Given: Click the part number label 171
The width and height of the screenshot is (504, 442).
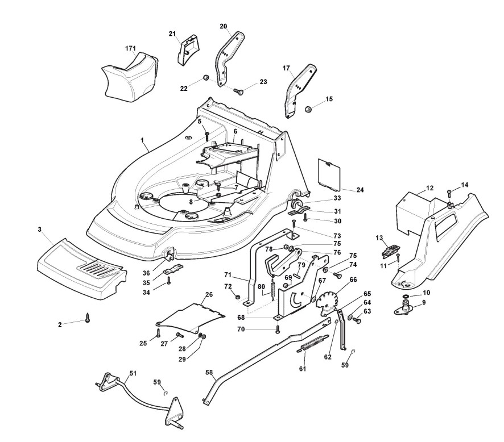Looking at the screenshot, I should pyautogui.click(x=130, y=49).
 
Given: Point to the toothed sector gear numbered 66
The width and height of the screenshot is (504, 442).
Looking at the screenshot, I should pyautogui.click(x=327, y=301).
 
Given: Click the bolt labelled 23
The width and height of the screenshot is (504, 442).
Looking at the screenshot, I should pyautogui.click(x=239, y=90).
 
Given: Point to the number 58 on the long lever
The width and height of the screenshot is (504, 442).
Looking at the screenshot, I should pyautogui.click(x=209, y=373).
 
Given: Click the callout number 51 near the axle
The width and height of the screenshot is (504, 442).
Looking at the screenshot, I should pyautogui.click(x=133, y=373).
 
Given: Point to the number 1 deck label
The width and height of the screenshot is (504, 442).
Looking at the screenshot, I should pyautogui.click(x=142, y=139).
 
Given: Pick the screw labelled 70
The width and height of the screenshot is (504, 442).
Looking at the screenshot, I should pyautogui.click(x=277, y=329).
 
